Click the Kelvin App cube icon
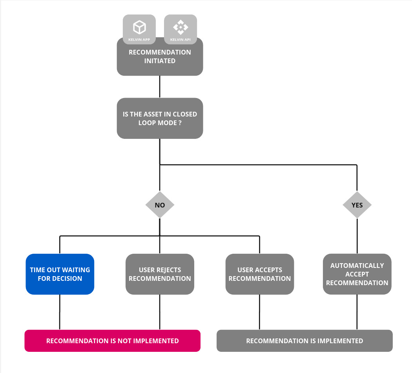[139, 27]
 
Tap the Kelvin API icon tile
[180, 29]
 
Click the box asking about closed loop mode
[160, 118]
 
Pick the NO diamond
[160, 205]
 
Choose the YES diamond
[357, 205]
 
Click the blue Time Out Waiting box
[60, 274]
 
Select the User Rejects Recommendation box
[160, 274]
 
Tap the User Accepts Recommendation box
[259, 274]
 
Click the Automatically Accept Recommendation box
[357, 274]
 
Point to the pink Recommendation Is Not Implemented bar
[113, 341]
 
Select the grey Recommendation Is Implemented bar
[304, 341]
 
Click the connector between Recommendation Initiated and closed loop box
[160, 87]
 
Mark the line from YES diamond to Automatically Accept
[357, 236]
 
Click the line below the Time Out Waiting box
[60, 312]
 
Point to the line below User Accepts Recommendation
[259, 312]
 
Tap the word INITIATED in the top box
[160, 61]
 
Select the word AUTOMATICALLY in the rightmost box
[357, 266]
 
